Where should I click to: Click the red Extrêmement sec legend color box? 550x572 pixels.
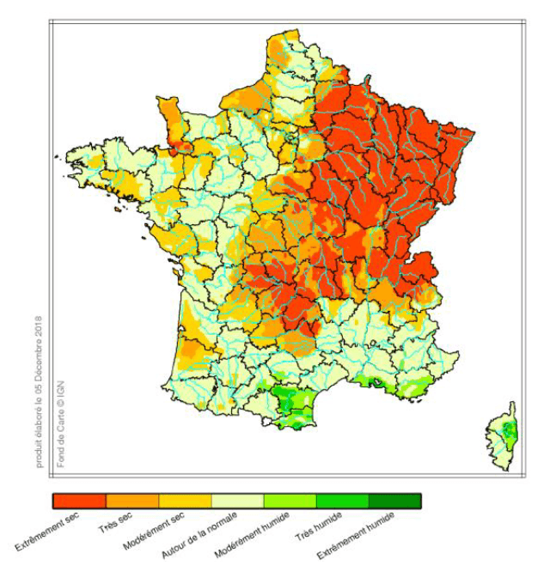(x=79, y=501)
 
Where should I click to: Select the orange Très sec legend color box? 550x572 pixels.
(x=132, y=501)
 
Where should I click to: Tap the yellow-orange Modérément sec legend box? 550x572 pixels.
(x=185, y=501)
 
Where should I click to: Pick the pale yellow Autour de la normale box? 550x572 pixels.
(x=237, y=501)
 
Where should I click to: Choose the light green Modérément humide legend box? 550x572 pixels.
(x=290, y=501)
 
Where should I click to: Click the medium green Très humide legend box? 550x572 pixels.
(x=342, y=501)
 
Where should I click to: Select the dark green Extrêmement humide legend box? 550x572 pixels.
(x=394, y=501)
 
